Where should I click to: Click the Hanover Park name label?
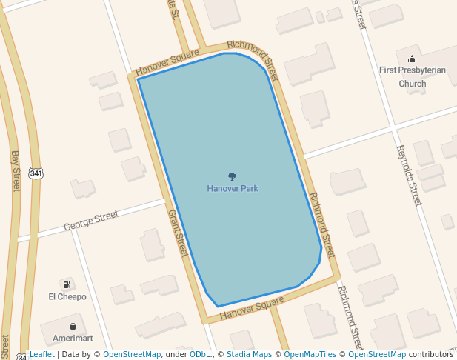[x=232, y=189]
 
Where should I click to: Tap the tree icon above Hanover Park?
[x=232, y=176]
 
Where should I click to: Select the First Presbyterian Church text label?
[x=402, y=76]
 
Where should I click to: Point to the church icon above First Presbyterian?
[x=412, y=59]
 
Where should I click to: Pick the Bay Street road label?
[x=15, y=171]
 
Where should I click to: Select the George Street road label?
[x=90, y=221]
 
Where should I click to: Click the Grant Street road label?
[x=178, y=233]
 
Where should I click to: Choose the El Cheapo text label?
[x=67, y=297]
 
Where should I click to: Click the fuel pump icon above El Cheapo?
[x=67, y=284]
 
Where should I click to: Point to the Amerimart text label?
[x=73, y=338]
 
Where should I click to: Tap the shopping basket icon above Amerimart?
[x=73, y=326]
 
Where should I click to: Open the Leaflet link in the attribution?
[x=42, y=354]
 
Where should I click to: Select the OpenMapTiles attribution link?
[x=310, y=354]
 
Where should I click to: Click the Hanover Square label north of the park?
[x=167, y=63]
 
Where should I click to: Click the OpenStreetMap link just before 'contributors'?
[x=376, y=354]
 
